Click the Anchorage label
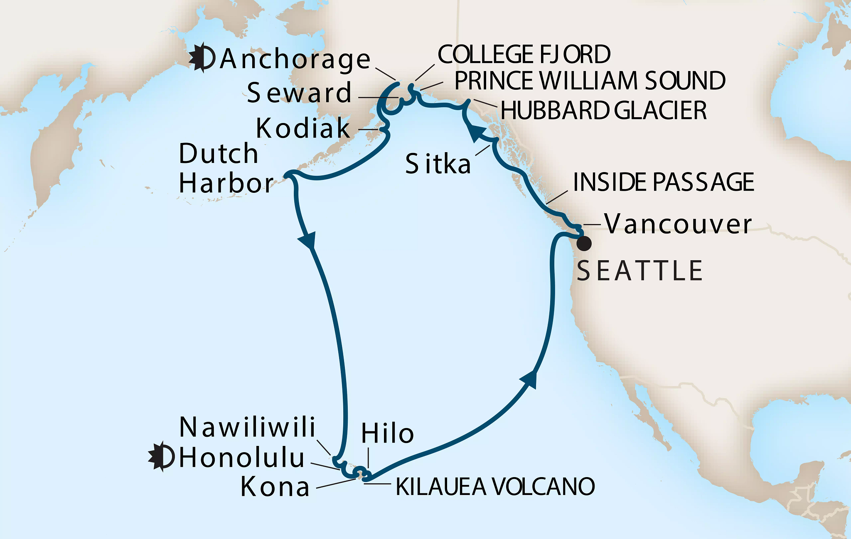coord(295,59)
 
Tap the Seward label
coord(299,93)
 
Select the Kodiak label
coord(303,128)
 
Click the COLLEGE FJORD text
coord(524,54)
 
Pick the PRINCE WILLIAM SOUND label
coord(590,81)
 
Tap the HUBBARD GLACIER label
coord(603,111)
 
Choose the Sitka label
coord(438,164)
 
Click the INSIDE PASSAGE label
coord(664,182)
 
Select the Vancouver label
coord(678,224)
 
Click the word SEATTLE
coord(639,271)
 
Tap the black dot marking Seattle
coord(584,244)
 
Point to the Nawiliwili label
coord(247,427)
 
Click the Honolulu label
coord(242,458)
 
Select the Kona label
coord(275,487)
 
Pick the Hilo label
coord(387,434)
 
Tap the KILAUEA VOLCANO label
coord(495,487)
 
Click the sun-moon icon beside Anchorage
coord(202,58)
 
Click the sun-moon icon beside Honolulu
coord(162,457)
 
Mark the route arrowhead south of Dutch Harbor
coord(308,241)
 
